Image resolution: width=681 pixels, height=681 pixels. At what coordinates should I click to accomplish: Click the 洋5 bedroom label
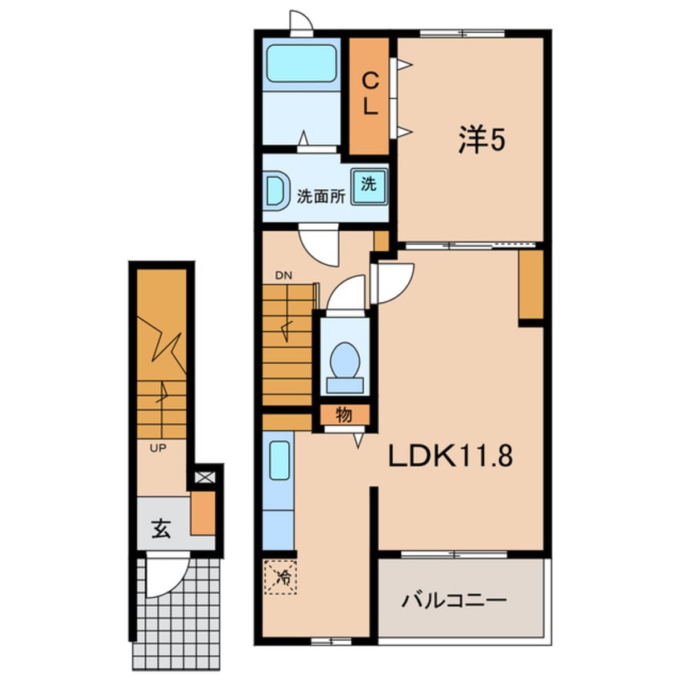481,140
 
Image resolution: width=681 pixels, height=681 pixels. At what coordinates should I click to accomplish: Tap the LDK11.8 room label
451,456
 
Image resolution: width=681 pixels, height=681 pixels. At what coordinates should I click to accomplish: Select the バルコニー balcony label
454,601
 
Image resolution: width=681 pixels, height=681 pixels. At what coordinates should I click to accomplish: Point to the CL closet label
370,94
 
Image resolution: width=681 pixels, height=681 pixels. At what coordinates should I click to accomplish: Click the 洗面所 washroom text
321,196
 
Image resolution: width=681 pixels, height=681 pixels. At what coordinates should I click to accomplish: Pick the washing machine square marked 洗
369,186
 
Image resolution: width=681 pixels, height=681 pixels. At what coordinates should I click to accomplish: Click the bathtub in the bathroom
301,64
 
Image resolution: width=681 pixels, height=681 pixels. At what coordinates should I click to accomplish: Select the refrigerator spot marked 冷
281,577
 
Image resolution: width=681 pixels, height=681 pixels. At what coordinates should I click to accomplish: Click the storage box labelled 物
345,415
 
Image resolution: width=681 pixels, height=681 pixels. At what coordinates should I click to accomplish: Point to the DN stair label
283,275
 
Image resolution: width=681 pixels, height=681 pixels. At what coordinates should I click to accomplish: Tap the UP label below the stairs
158,448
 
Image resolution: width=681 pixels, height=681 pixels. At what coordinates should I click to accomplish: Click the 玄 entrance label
162,529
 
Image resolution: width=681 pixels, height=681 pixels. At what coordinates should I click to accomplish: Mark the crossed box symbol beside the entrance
205,477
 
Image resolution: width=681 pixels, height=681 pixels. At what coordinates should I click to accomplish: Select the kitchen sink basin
279,460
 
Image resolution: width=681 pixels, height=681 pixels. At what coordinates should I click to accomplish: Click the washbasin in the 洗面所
276,191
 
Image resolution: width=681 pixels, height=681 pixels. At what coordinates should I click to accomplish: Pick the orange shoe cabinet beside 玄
204,513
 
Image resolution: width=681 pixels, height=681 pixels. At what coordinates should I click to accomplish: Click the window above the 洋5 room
462,33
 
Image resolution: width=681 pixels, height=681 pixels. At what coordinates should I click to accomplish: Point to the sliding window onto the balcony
454,555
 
